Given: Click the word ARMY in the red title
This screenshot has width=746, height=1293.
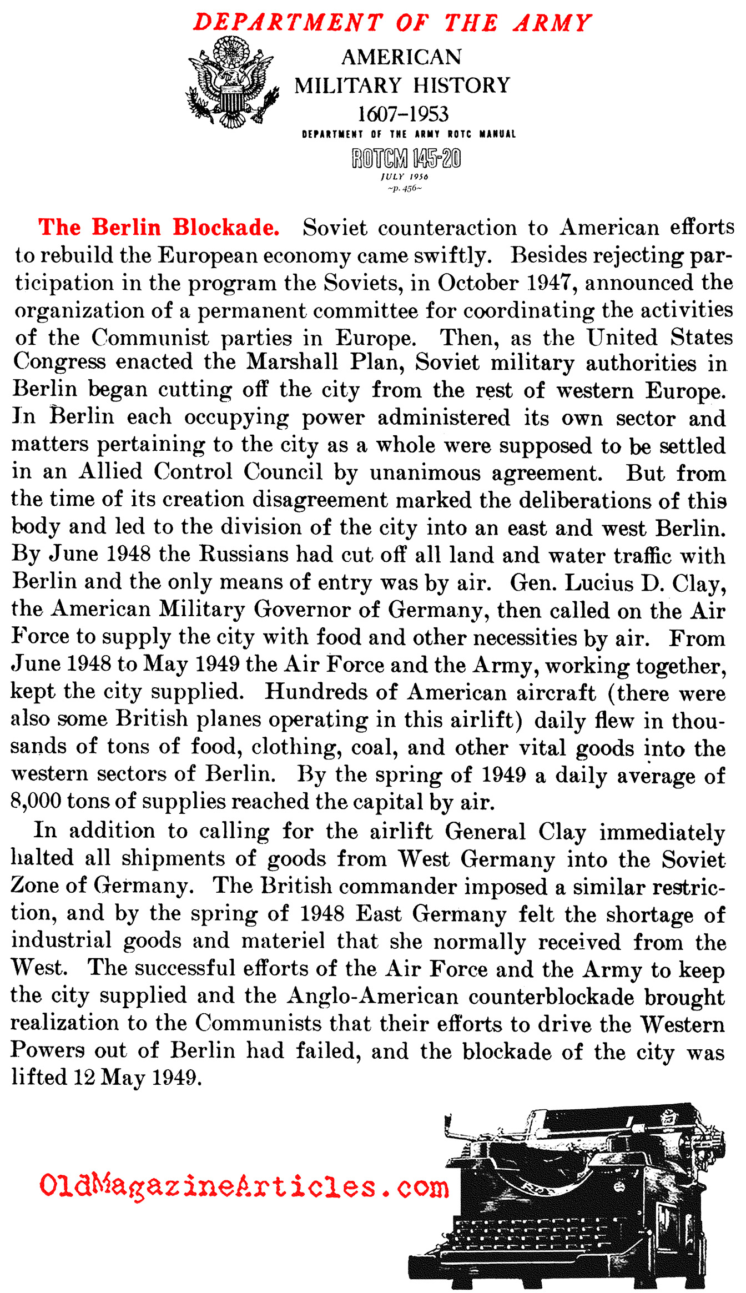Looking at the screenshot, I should pyautogui.click(x=553, y=23).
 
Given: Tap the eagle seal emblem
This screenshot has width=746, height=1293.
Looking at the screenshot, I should pyautogui.click(x=231, y=82).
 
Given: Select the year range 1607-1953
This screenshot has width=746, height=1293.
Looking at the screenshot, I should pyautogui.click(x=402, y=114).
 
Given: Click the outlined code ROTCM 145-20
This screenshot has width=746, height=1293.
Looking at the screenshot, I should pyautogui.click(x=406, y=158).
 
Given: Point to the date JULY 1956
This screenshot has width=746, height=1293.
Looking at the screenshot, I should pyautogui.click(x=404, y=177).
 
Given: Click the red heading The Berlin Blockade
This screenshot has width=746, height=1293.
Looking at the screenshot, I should pyautogui.click(x=159, y=228).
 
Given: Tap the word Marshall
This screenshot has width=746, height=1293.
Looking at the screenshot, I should pyautogui.click(x=292, y=362).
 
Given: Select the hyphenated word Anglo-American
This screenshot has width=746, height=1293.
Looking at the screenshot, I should pyautogui.click(x=372, y=996).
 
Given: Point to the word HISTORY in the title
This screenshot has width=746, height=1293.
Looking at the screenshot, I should pyautogui.click(x=461, y=85).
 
